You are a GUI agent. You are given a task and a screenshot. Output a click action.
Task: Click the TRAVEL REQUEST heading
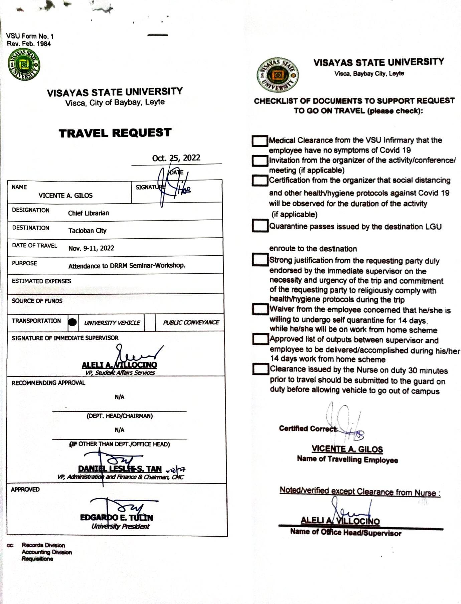click(x=115, y=133)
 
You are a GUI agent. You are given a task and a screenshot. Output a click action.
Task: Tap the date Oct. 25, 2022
click(x=176, y=158)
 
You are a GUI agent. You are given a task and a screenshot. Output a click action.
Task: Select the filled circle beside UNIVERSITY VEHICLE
click(x=72, y=322)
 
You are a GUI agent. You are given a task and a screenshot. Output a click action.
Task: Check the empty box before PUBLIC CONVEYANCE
click(x=150, y=322)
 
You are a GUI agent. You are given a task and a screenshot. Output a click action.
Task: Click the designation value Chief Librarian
click(x=89, y=213)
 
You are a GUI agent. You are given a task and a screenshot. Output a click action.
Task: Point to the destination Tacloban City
click(x=87, y=231)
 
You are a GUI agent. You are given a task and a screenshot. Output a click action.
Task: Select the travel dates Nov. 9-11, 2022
click(x=91, y=248)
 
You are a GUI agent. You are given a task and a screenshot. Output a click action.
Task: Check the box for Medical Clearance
click(x=260, y=141)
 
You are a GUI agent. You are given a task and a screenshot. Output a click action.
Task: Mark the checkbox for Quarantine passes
click(x=260, y=225)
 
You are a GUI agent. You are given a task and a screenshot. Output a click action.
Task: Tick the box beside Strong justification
click(x=260, y=260)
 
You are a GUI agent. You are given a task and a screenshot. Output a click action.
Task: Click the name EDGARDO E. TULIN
click(x=116, y=518)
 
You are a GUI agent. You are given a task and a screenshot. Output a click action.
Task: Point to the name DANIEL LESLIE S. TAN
click(x=120, y=469)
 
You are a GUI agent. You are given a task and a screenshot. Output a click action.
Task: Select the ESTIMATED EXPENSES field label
click(x=41, y=281)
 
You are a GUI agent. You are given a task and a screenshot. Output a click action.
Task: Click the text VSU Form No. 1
click(x=29, y=36)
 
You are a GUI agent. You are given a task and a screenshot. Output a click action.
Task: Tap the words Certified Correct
click(x=308, y=428)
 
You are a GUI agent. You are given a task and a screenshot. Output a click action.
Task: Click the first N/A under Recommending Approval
click(x=119, y=397)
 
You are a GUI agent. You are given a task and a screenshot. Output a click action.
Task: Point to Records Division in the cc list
click(x=43, y=545)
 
